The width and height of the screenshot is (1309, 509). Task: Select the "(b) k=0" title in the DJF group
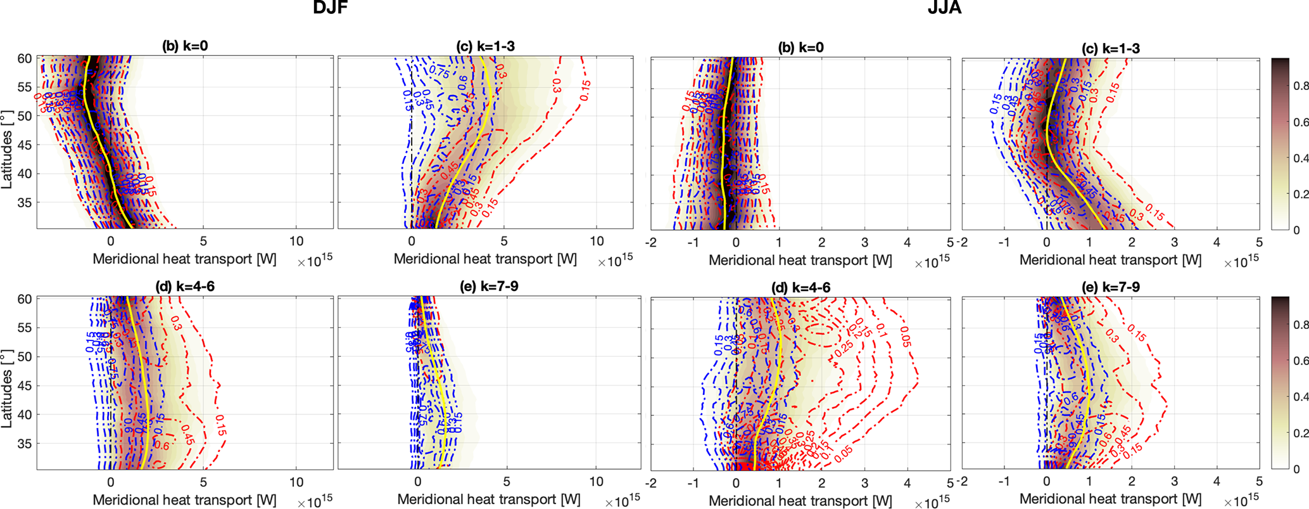coord(184,46)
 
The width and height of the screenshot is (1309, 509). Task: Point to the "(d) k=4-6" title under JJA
coord(800,288)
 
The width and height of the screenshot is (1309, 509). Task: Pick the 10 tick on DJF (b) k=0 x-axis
coord(296,242)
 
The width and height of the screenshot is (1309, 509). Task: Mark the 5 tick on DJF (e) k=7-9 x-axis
coord(507,482)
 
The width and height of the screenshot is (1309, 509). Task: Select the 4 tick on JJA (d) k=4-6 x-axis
coord(907,483)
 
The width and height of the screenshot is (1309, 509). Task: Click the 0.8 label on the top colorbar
coord(1301,86)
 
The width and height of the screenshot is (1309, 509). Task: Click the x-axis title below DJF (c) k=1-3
coord(485,259)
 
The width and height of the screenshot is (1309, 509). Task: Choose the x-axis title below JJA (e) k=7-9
coord(1110,499)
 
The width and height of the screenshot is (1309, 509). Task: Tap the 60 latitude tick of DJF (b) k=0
coord(24,58)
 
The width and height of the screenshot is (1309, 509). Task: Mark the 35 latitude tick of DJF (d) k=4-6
coord(24,444)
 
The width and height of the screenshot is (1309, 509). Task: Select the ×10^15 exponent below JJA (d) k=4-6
coord(932,503)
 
